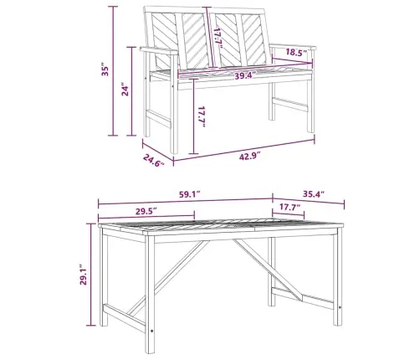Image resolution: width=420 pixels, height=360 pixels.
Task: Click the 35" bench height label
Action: [105, 71]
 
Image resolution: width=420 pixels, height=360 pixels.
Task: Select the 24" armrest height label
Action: [125, 89]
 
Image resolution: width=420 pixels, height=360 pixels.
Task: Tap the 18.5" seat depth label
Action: [296, 53]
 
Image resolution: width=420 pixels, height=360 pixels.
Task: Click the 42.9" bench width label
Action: [249, 157]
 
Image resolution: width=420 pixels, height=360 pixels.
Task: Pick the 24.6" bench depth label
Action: [154, 160]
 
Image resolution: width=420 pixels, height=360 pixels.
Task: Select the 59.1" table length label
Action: [189, 194]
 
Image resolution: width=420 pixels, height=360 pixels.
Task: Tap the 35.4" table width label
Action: [314, 193]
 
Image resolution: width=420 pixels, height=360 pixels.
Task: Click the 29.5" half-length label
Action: [146, 211]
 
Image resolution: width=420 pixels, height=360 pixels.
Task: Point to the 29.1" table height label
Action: [83, 275]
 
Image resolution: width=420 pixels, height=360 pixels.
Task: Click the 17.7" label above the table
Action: [290, 207]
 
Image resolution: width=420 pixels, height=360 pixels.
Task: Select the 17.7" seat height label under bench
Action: [202, 116]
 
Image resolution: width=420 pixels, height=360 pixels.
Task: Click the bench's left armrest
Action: [159, 50]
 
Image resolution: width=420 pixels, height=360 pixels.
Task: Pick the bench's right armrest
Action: [293, 46]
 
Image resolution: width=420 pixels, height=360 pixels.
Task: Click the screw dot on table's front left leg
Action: [151, 331]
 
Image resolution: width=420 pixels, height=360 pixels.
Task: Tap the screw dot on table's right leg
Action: [340, 307]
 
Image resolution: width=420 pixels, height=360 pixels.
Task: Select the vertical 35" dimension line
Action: [113, 71]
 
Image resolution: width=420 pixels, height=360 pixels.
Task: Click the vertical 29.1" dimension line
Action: [91, 275]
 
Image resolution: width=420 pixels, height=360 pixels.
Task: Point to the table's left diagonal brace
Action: [168, 278]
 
